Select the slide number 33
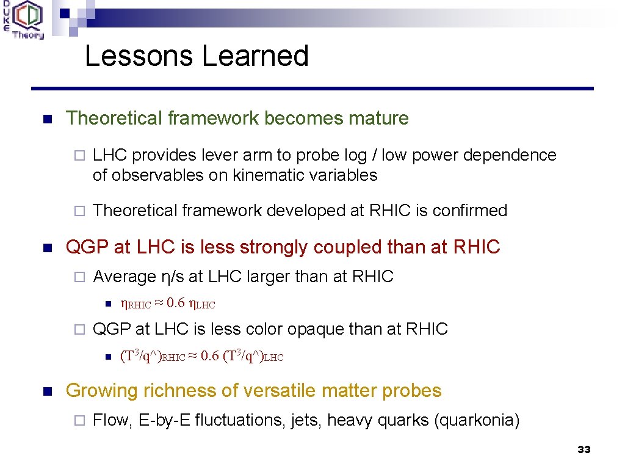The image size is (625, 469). coord(583,449)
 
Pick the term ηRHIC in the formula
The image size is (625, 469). coord(135,304)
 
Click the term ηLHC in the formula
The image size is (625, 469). coord(202,304)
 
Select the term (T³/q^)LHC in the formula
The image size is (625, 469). coord(253,356)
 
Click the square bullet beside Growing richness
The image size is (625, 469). coord(48,391)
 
